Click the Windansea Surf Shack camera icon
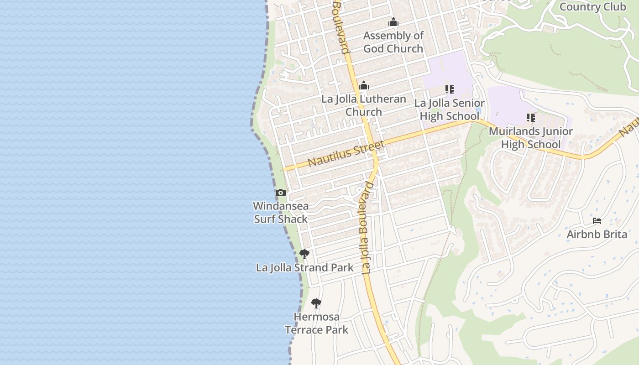pyautogui.click(x=281, y=193)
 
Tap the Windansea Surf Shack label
pyautogui.click(x=281, y=213)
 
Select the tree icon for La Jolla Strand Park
pyautogui.click(x=304, y=254)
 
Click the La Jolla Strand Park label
pyautogui.click(x=304, y=268)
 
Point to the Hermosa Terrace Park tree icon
pyautogui.click(x=316, y=303)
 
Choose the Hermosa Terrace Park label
pyautogui.click(x=317, y=323)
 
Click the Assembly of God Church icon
pyautogui.click(x=393, y=22)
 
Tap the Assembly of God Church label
pyautogui.click(x=393, y=42)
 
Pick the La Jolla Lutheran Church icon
pyautogui.click(x=364, y=85)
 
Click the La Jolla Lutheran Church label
pyautogui.click(x=364, y=105)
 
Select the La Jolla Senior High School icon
pyautogui.click(x=450, y=89)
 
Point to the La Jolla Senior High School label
pyautogui.click(x=450, y=109)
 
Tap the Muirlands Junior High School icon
pyautogui.click(x=531, y=118)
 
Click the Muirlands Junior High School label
pyautogui.click(x=531, y=138)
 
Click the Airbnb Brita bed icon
pyautogui.click(x=597, y=221)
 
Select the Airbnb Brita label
pyautogui.click(x=597, y=235)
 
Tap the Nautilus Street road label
pyautogui.click(x=346, y=154)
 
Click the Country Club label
pyautogui.click(x=592, y=7)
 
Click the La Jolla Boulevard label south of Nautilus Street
pyautogui.click(x=367, y=228)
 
